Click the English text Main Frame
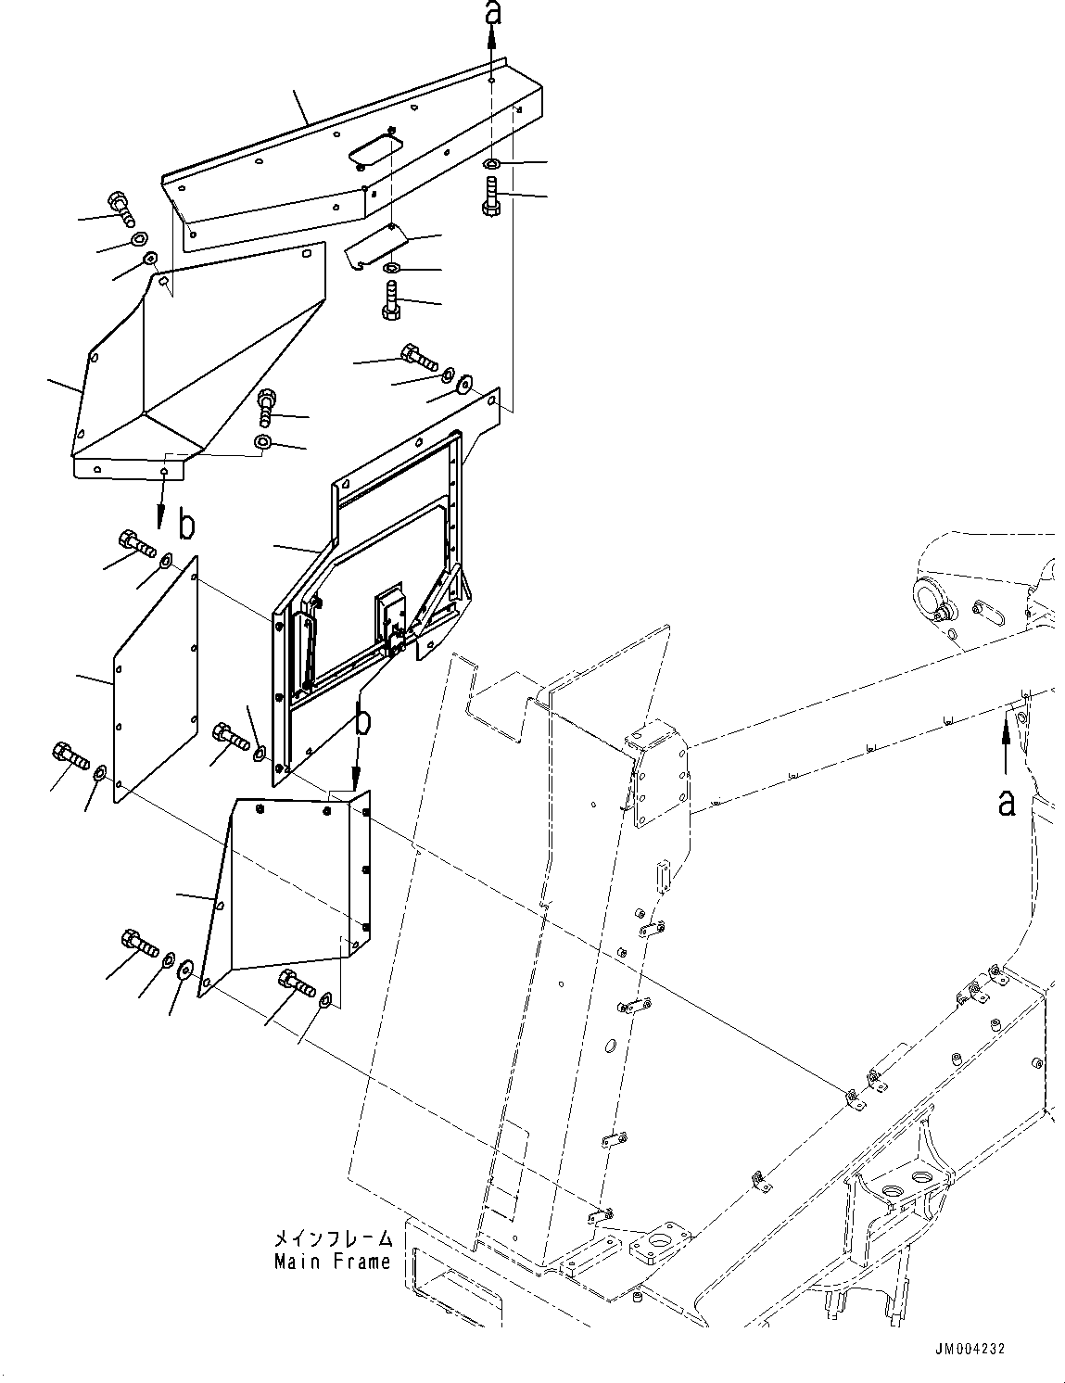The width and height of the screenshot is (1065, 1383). coord(332,1262)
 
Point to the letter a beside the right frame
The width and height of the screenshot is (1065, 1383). coord(1006,801)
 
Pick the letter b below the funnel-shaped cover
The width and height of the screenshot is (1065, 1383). coord(186,526)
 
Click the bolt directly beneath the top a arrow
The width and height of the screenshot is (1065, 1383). coord(491,197)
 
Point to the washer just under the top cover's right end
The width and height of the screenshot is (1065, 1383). coord(492,164)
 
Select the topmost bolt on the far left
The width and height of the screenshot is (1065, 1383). coord(120,208)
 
